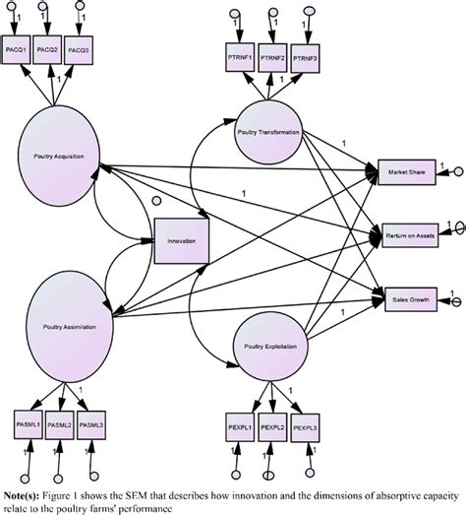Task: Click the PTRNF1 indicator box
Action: [240, 57]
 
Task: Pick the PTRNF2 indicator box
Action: [274, 57]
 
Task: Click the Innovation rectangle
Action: [181, 240]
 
